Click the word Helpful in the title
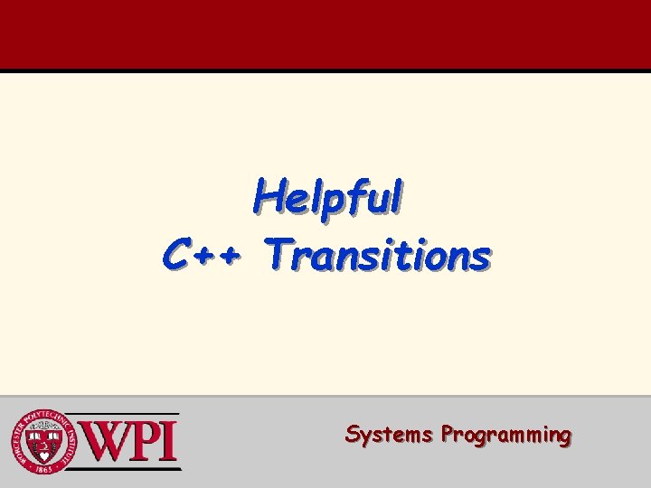(327, 197)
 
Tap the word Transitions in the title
(378, 255)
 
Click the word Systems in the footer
(389, 435)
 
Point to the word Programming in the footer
(505, 436)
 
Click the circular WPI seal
(42, 442)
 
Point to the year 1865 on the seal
(42, 467)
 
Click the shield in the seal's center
(42, 442)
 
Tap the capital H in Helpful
(267, 195)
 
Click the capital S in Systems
(354, 434)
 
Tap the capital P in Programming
(448, 434)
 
